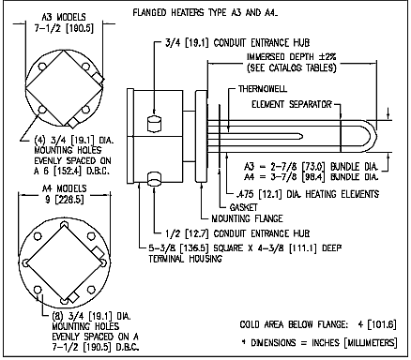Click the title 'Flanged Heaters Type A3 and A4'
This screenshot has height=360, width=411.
pos(205,13)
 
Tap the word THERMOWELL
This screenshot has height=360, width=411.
pos(263,89)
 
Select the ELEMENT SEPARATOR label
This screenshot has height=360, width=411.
pos(292,104)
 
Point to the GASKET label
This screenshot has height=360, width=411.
pos(244,207)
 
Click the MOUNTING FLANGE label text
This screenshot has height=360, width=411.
pos(247,218)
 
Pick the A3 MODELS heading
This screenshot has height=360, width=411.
pos(64,17)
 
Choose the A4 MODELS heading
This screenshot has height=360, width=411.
pos(65,188)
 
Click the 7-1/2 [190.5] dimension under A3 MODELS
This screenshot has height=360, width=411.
pos(64,28)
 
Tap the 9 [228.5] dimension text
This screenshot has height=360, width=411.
pos(65,200)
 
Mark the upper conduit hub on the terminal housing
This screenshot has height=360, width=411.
pos(154,124)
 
